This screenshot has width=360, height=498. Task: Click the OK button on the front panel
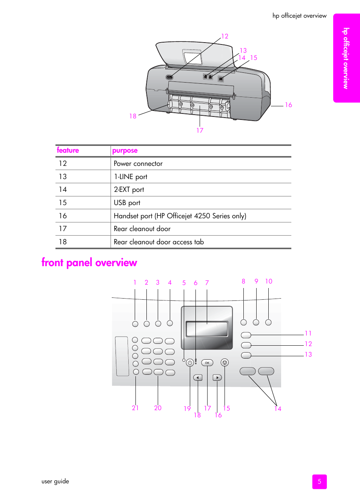tap(207, 363)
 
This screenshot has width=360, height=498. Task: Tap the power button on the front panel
tap(190, 363)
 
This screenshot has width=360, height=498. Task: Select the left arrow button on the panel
tap(198, 377)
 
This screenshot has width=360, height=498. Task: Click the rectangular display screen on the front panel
tap(207, 329)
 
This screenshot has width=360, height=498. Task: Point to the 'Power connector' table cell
tap(138, 164)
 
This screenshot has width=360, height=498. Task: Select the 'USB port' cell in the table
tap(127, 203)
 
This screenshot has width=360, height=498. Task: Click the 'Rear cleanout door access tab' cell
tap(159, 242)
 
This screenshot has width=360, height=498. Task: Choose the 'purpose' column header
tap(125, 151)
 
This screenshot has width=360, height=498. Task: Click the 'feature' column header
tap(68, 150)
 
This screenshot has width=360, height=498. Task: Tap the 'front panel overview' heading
tap(89, 262)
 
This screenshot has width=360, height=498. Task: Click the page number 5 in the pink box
tap(319, 481)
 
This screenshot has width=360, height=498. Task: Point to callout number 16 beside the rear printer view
tap(288, 105)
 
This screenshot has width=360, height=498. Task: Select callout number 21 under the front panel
tap(135, 408)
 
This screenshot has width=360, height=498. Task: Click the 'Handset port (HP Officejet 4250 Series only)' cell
tap(180, 216)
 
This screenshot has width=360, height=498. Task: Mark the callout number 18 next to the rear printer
tap(133, 116)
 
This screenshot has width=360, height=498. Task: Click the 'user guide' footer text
tap(55, 481)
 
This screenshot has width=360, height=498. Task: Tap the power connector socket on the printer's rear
tap(169, 77)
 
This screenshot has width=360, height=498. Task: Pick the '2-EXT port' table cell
tap(129, 190)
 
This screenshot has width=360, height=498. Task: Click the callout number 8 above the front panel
tap(243, 281)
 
